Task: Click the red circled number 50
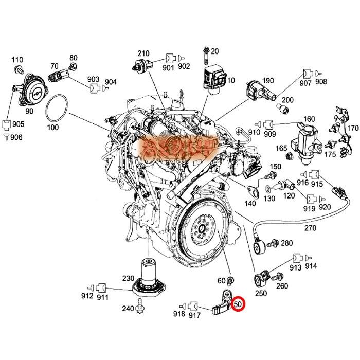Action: [x=238, y=304]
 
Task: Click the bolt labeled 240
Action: [x=141, y=309]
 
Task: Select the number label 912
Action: [x=87, y=295]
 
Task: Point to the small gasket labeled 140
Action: [x=253, y=192]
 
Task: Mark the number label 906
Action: [x=16, y=136]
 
